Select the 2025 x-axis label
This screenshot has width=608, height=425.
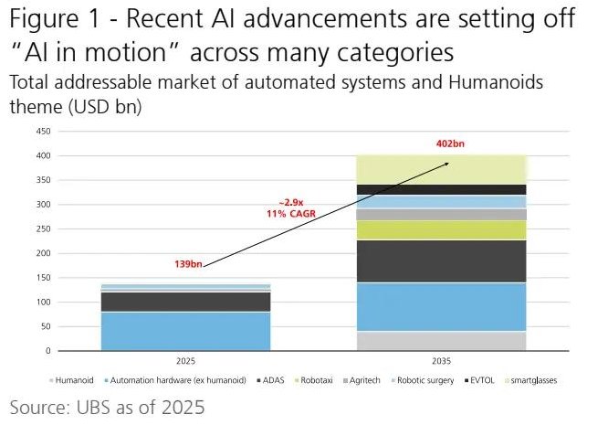pos(185,361)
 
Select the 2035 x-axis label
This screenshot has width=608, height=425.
pos(441,361)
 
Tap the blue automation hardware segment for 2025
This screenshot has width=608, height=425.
pos(185,331)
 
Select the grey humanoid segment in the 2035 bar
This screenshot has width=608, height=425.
pos(441,341)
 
